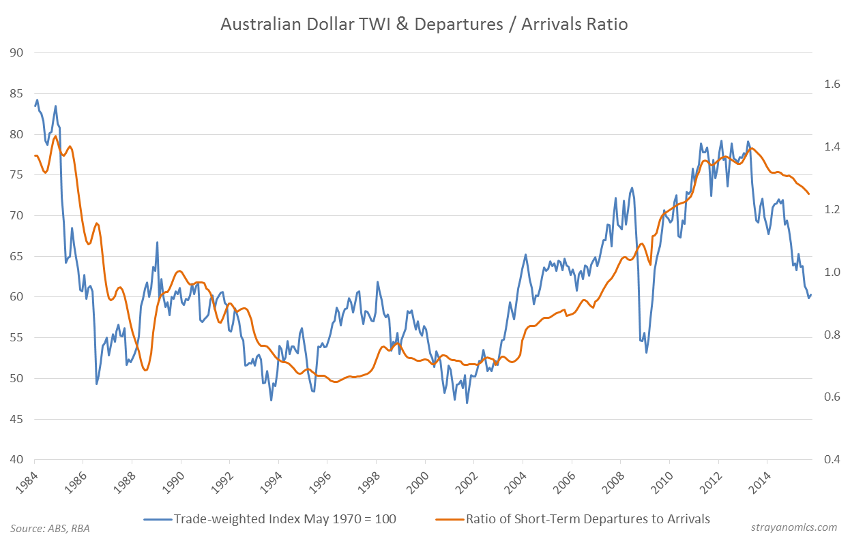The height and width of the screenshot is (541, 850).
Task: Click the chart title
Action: [x=424, y=25]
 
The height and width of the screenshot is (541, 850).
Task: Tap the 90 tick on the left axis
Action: [x=16, y=53]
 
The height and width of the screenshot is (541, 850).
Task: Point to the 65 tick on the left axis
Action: [x=16, y=256]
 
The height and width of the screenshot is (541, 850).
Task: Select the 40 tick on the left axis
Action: [x=16, y=459]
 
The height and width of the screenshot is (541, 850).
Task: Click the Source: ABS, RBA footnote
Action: [x=50, y=528]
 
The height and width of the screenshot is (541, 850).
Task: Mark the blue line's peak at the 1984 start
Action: [x=37, y=100]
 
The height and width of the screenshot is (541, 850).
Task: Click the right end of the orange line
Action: [x=809, y=194]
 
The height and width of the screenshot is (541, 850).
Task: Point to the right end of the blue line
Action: [x=811, y=294]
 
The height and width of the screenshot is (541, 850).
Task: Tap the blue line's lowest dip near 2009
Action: [x=646, y=352]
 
